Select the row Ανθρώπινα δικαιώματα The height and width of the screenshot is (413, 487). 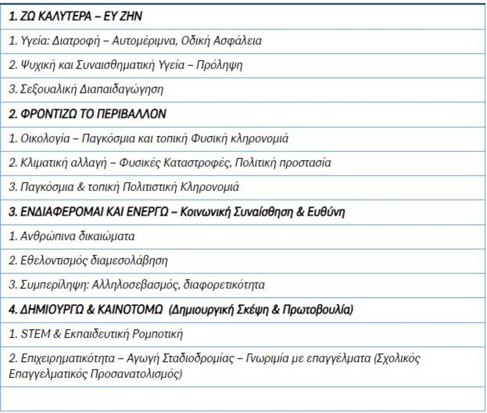pos(71,236)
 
